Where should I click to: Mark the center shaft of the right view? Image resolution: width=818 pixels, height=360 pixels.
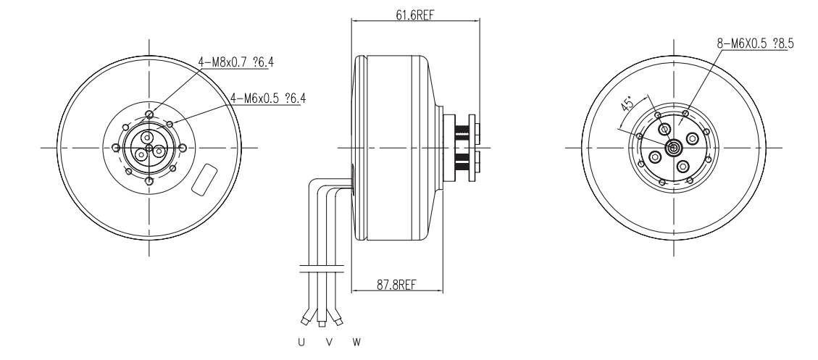coord(674,148)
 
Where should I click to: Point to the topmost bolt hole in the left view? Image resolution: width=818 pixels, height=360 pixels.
coord(149,114)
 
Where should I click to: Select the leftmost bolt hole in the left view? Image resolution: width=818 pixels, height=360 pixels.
coord(115,148)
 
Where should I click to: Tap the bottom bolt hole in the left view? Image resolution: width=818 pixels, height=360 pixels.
coord(149,181)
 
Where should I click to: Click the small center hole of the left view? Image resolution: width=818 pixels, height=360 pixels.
coord(149,148)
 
